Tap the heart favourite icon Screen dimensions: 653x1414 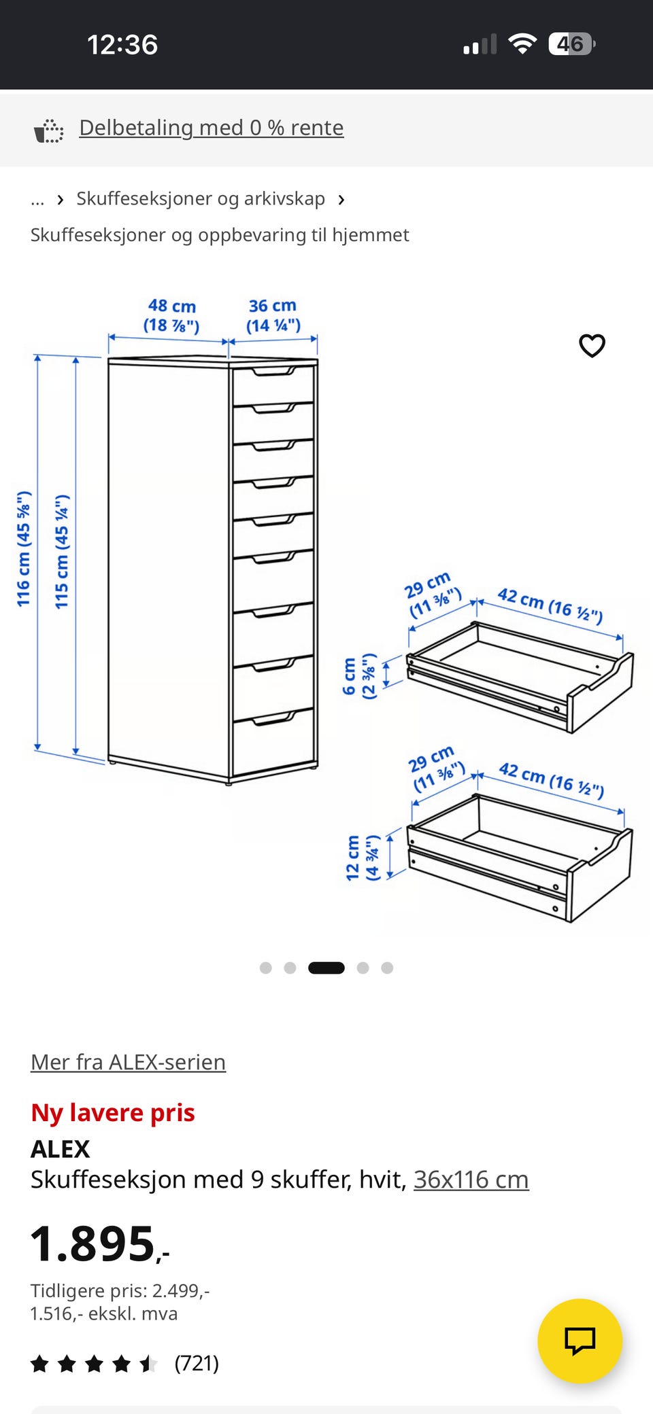pyautogui.click(x=592, y=345)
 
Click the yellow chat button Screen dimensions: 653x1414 pyautogui.click(x=580, y=1341)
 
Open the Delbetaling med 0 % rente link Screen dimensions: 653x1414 pyautogui.click(x=211, y=128)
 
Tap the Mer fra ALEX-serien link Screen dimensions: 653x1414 pyautogui.click(x=128, y=1061)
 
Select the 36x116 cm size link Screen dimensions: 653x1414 pyautogui.click(x=471, y=1179)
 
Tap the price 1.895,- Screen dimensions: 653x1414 pyautogui.click(x=100, y=1243)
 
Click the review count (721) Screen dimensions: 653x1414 pyautogui.click(x=197, y=1363)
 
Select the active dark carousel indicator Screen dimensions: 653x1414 pyautogui.click(x=326, y=968)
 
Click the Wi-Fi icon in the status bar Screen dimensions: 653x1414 pyautogui.click(x=522, y=44)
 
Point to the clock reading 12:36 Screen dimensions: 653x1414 pyautogui.click(x=122, y=45)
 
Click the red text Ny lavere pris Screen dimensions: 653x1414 pyautogui.click(x=113, y=1112)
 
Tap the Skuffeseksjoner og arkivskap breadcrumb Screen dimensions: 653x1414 pyautogui.click(x=201, y=198)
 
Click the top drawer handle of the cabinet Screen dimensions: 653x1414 pyautogui.click(x=273, y=371)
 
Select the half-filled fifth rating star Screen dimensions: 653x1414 pyautogui.click(x=148, y=1363)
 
